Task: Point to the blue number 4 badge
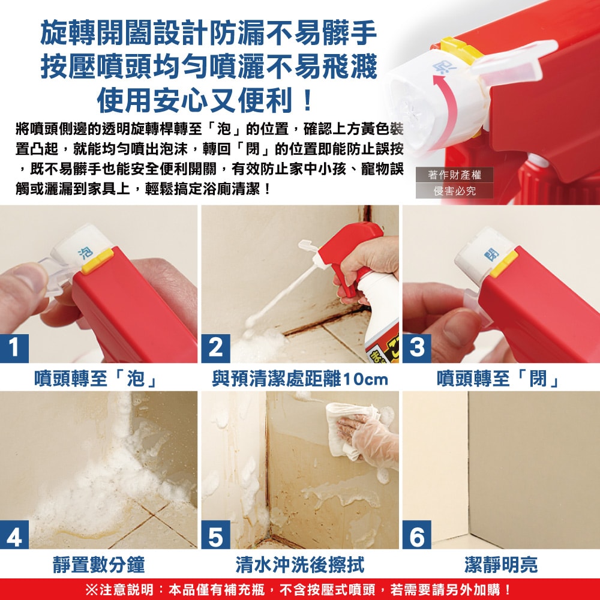(x=14, y=535)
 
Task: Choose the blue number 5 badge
(x=215, y=535)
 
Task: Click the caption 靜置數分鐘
(x=98, y=564)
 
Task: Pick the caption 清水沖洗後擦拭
(x=299, y=564)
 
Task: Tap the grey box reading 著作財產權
(x=455, y=175)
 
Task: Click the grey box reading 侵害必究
(x=455, y=191)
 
